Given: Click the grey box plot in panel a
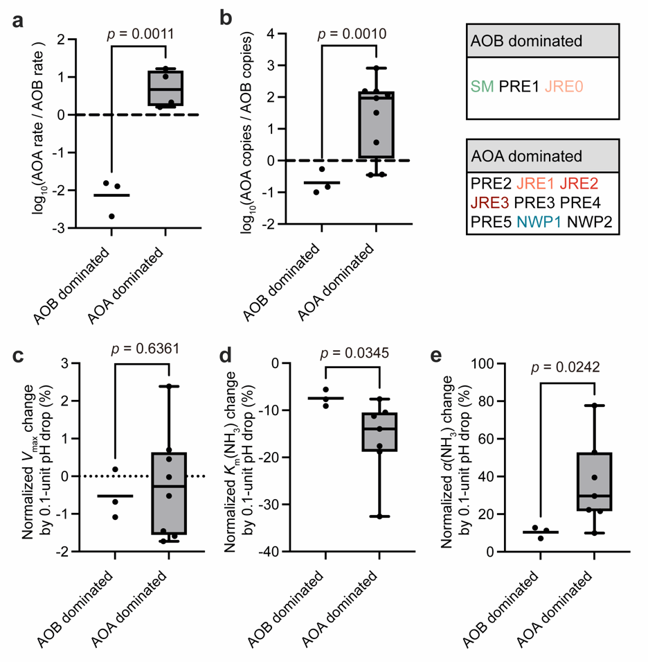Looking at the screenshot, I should (x=165, y=88).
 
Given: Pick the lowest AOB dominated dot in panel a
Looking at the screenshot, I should (x=111, y=216).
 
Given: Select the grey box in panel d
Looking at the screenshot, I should (x=379, y=432).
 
